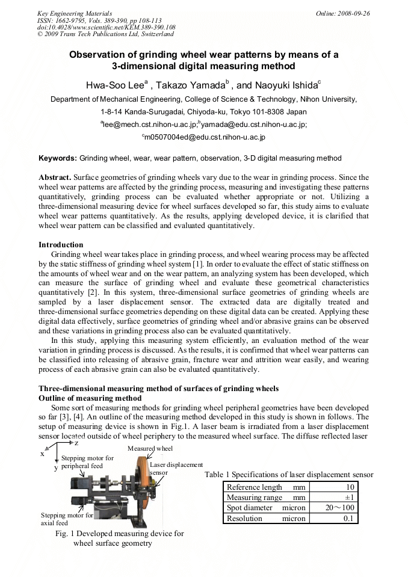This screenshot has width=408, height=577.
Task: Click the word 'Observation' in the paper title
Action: (x=99, y=55)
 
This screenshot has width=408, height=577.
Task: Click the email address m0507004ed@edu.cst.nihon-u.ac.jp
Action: (x=203, y=137)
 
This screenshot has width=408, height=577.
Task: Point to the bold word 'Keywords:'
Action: (x=58, y=158)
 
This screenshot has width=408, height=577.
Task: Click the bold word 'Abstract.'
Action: (x=55, y=178)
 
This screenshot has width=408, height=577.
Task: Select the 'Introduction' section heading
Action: (x=61, y=245)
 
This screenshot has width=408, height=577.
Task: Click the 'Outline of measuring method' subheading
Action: (x=90, y=398)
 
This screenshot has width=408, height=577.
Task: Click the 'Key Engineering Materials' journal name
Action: (x=74, y=13)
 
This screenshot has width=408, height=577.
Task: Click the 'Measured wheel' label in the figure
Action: (x=150, y=448)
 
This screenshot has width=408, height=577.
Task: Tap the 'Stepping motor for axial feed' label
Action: (x=67, y=519)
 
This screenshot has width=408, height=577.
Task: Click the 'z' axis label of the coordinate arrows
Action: (x=76, y=442)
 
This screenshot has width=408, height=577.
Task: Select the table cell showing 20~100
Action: (x=338, y=508)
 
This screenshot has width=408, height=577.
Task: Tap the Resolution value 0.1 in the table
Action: (x=347, y=518)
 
